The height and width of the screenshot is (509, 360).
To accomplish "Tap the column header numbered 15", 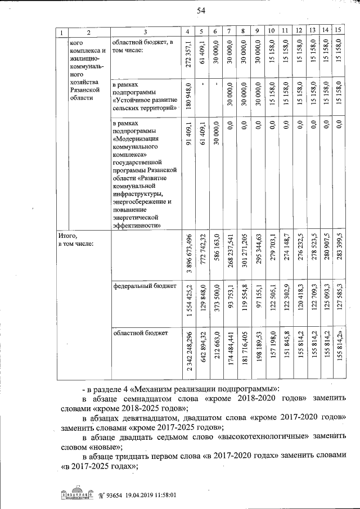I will pyautogui.click(x=338, y=30).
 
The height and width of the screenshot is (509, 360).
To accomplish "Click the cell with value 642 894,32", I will pyautogui.click(x=202, y=354).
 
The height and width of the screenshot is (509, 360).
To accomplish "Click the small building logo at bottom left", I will pyautogui.click(x=75, y=495).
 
